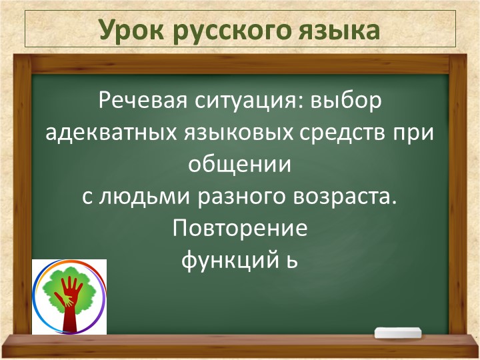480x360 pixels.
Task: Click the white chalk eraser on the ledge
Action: [x=398, y=333]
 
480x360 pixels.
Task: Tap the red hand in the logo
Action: [x=69, y=299]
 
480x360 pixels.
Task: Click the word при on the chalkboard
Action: [x=419, y=133]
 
